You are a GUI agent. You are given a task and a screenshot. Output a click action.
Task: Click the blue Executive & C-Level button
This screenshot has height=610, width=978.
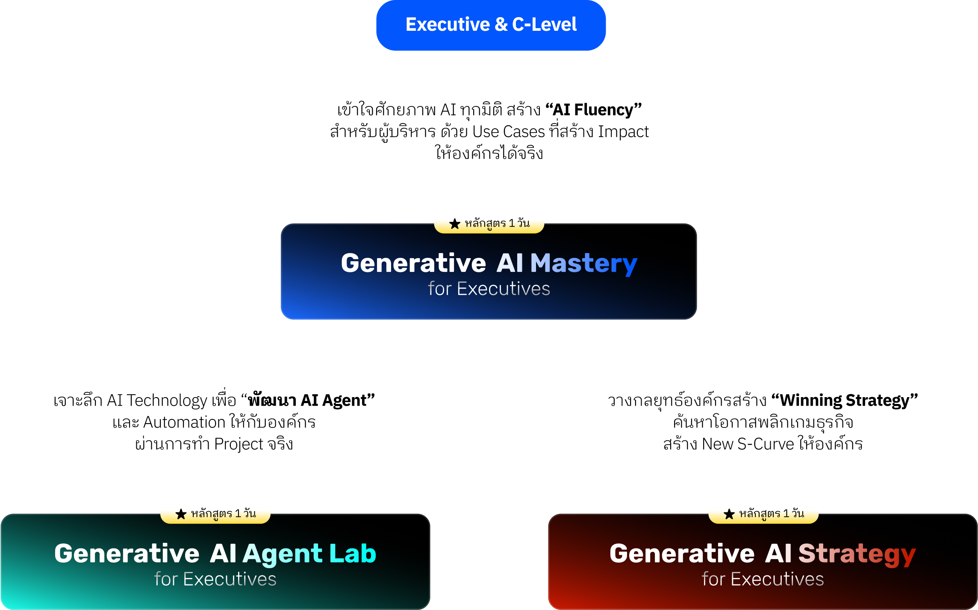491,25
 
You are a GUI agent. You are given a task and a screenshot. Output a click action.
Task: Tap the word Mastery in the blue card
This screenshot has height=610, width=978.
583,263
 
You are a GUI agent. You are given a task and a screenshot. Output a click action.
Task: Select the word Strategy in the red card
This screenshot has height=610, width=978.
857,554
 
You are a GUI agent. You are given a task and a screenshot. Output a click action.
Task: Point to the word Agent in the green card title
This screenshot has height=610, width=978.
283,554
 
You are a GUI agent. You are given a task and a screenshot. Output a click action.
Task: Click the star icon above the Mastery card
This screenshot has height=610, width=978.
455,224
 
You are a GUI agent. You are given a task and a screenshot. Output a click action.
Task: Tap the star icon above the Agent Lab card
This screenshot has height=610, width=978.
181,514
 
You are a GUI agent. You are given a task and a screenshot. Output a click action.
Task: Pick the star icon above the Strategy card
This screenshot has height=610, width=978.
729,514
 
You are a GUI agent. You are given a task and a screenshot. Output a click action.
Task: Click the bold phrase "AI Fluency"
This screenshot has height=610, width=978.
593,110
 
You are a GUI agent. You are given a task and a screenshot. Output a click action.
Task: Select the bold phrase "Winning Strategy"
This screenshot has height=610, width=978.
844,401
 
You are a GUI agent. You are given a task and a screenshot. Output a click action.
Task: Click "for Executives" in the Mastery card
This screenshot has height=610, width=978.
489,289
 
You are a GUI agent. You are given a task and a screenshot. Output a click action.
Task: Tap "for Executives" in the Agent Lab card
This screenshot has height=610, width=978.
215,579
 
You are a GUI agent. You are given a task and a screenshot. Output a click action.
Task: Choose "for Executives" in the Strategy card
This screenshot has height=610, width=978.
763,579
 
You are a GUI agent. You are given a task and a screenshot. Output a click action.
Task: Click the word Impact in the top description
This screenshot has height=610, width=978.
623,132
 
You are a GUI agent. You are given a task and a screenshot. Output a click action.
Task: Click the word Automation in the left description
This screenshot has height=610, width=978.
184,422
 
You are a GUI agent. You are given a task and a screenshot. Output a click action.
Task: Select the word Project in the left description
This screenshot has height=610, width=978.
239,445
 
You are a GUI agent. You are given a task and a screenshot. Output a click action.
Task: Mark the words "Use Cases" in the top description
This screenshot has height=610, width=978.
509,132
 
